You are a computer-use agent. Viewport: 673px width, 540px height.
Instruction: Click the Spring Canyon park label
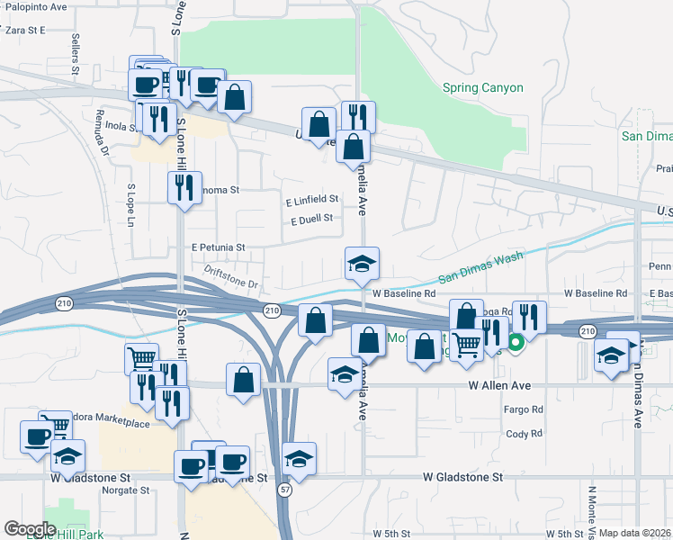[x=482, y=88]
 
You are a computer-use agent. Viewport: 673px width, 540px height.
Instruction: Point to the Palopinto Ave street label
[x=36, y=6]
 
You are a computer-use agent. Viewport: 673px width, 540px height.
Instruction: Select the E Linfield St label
[x=311, y=199]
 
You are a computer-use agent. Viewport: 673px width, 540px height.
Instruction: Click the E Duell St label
[x=311, y=218]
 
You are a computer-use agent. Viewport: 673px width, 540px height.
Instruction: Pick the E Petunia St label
[x=218, y=246]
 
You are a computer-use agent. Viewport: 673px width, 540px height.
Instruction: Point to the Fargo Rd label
[x=524, y=409]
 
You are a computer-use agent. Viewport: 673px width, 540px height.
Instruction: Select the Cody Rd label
[x=524, y=433]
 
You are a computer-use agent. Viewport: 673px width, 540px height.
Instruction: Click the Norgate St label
[x=125, y=490]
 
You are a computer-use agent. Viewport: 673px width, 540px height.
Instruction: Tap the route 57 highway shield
[x=284, y=490]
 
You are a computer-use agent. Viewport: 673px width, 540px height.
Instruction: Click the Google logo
[x=30, y=528]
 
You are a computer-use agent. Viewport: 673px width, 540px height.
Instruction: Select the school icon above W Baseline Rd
[x=362, y=264]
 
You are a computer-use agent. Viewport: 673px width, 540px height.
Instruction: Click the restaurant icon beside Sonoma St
[x=184, y=187]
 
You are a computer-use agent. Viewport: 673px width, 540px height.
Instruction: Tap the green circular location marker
[x=516, y=342]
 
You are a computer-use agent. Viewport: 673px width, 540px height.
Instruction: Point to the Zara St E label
[x=25, y=30]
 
